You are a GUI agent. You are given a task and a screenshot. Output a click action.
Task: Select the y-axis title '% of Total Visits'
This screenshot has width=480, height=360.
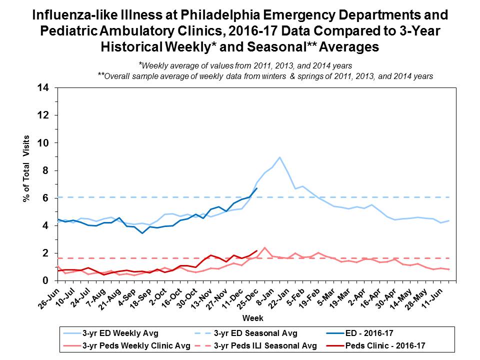point(26,169)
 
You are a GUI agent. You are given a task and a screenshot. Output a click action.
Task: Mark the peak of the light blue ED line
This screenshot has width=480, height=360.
point(279,157)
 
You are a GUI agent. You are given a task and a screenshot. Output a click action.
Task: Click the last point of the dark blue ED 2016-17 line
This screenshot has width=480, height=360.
point(256,188)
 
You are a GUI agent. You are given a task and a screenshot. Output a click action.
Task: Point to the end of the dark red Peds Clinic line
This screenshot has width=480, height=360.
point(256,251)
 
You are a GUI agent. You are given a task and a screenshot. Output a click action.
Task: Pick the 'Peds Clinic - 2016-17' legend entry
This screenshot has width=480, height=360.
point(392,345)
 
